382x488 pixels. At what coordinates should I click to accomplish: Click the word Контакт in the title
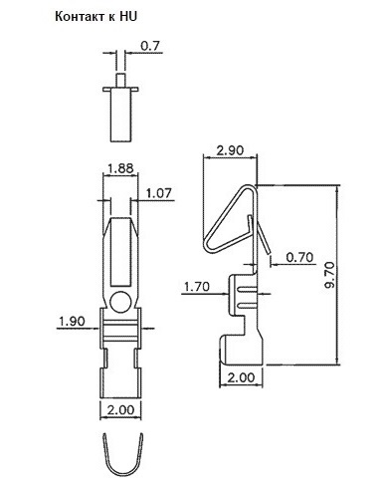coord(80,16)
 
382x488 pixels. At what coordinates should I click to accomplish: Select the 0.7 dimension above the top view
coord(150,46)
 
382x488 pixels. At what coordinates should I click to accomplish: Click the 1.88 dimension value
coord(120,168)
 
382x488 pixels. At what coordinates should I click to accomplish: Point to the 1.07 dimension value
coord(159,193)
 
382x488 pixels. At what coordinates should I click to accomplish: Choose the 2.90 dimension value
coord(230,150)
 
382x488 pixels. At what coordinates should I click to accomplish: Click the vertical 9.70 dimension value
coord(329,274)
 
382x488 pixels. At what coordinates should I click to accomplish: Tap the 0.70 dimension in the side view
coord(299,257)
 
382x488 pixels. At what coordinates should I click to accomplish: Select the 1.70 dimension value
coord(197,286)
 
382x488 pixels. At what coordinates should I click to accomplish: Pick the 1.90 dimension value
coord(72,321)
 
